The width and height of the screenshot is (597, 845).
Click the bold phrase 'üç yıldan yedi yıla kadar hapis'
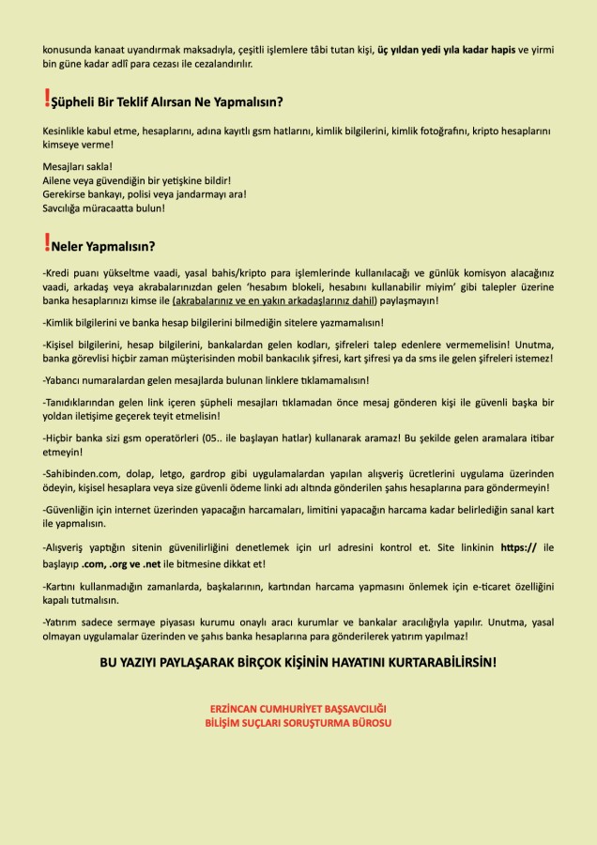[447, 49]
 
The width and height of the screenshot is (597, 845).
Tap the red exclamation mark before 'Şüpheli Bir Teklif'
[47, 98]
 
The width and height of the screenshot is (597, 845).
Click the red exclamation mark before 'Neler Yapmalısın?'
[47, 244]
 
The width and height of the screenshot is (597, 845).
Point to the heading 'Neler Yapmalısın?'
[104, 248]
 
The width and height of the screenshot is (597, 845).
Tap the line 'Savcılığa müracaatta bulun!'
[104, 207]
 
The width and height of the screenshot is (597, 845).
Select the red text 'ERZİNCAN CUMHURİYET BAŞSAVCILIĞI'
[298, 708]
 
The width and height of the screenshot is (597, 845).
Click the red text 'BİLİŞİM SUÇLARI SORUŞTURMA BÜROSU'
[298, 723]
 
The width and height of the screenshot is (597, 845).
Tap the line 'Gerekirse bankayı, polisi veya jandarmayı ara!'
[132, 194]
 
